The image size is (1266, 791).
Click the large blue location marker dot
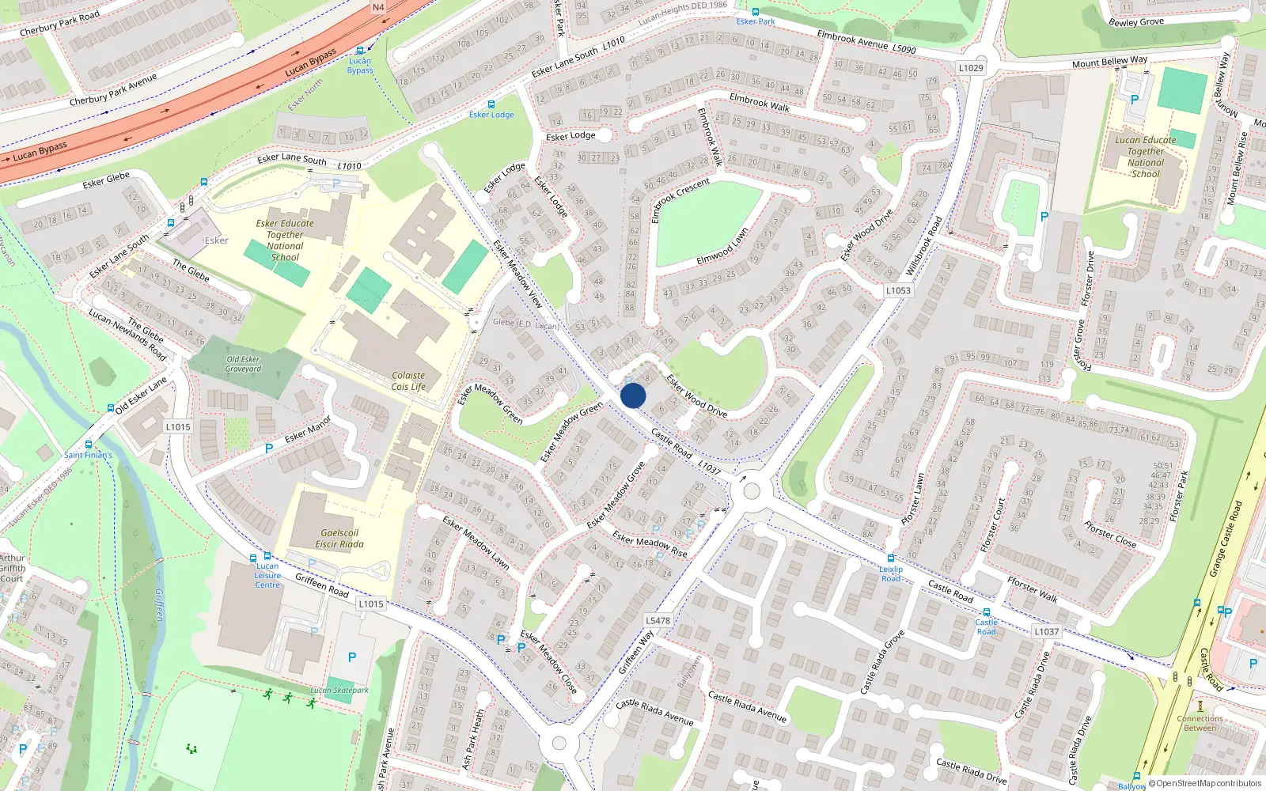[633, 395]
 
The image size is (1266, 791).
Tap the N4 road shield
[378, 8]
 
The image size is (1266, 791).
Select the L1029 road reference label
[971, 68]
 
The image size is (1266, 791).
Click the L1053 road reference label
[898, 290]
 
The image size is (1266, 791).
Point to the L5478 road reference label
[658, 621]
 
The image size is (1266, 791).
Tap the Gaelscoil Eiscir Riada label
[339, 539]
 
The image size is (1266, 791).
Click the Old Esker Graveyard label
[243, 364]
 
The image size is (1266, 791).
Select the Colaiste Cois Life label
[408, 381]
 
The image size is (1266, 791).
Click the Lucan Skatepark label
[339, 691]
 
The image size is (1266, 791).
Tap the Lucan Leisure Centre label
[267, 575]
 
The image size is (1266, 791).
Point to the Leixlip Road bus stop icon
[891, 558]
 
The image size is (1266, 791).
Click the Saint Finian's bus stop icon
[89, 445]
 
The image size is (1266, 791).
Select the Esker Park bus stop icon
[756, 12]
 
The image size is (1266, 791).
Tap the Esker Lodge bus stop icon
[491, 104]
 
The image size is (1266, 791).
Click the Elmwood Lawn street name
[722, 247]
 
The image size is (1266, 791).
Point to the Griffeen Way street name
[636, 653]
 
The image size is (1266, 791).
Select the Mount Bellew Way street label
[1109, 62]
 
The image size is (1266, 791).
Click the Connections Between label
[1200, 724]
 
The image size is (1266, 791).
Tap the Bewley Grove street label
[1135, 22]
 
